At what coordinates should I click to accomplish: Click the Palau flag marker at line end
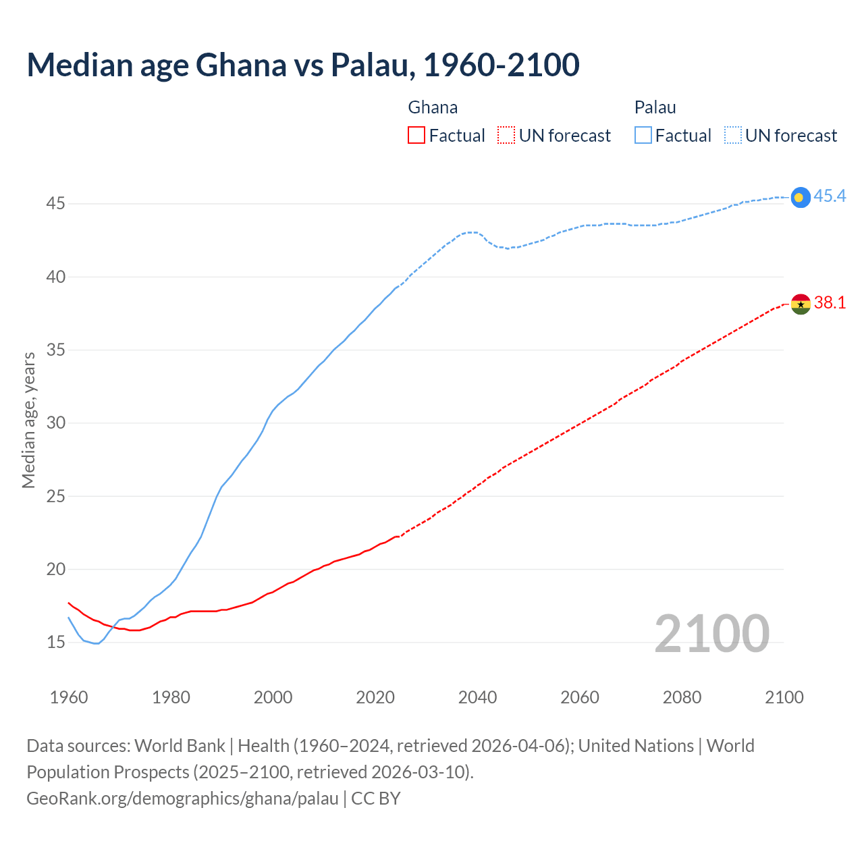[800, 197]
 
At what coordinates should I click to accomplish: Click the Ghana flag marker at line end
[800, 304]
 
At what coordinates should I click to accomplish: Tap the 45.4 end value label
[830, 196]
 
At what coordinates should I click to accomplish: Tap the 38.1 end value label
[830, 303]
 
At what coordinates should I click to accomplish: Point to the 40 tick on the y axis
[56, 277]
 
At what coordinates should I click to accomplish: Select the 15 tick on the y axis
[56, 642]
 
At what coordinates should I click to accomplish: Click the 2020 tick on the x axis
[375, 697]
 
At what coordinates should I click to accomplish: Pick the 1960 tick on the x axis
[69, 697]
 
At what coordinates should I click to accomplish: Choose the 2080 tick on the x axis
[682, 697]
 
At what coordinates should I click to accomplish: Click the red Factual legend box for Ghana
[416, 136]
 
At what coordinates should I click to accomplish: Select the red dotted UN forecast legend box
[506, 136]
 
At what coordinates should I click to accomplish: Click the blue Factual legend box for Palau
[643, 136]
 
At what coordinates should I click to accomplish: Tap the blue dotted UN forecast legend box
[733, 136]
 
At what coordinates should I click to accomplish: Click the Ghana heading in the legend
[433, 107]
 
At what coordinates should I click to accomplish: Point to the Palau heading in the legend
[655, 107]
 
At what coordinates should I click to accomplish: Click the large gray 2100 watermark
[711, 634]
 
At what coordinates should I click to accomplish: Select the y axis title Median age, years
[28, 420]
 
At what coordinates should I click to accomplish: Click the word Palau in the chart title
[369, 65]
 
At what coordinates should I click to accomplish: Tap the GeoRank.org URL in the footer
[182, 799]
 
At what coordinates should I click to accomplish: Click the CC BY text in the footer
[376, 799]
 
